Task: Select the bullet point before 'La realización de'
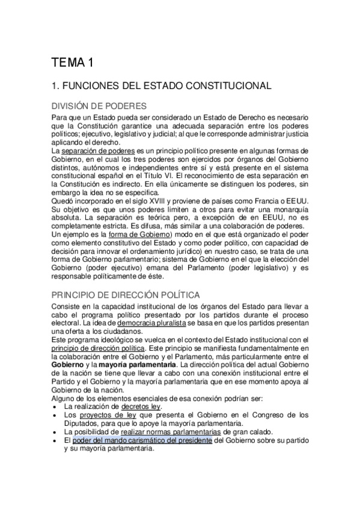pyautogui.click(x=55, y=407)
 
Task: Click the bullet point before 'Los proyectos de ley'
pyautogui.click(x=55, y=415)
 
